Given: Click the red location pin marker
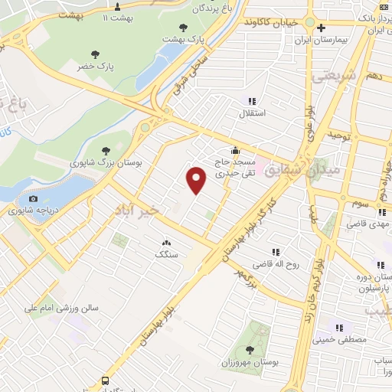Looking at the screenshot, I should tap(197, 181).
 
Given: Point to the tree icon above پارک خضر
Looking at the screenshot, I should tap(95, 54).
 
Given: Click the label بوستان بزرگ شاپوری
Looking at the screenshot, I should tap(100, 163).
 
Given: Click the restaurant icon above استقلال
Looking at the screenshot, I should tap(252, 101).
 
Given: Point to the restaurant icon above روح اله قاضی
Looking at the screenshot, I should tap(275, 253).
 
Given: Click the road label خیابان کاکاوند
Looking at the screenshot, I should tap(269, 22).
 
